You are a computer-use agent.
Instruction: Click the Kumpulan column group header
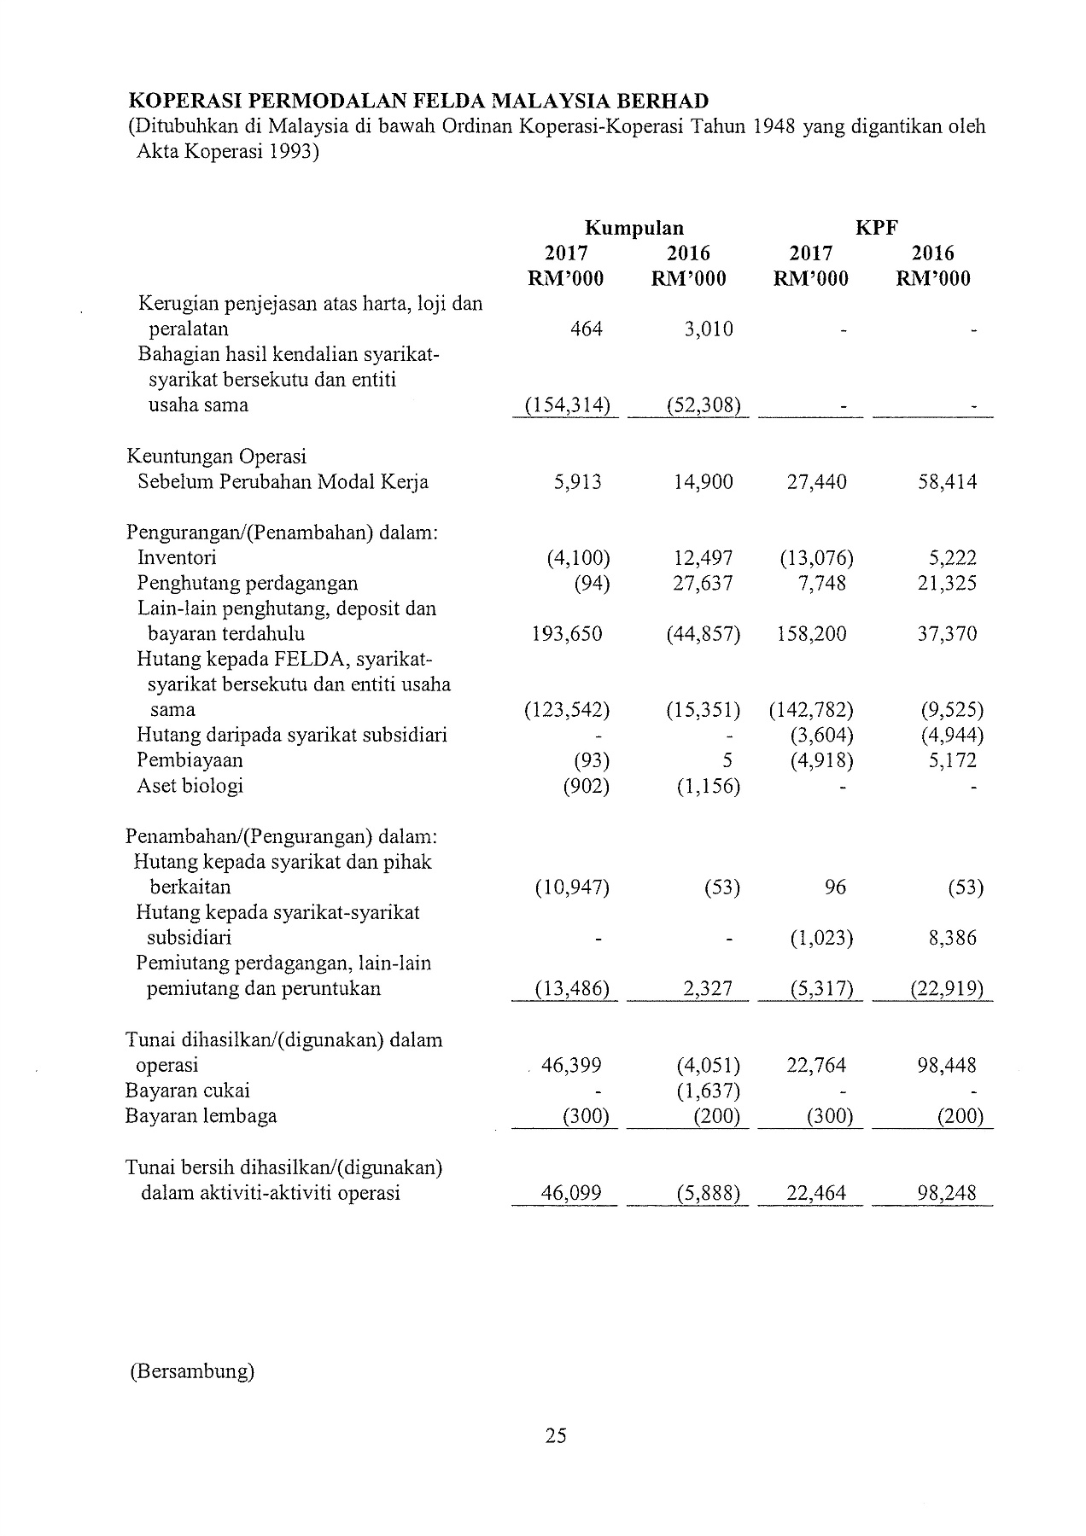coord(633,228)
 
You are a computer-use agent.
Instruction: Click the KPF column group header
coord(876,228)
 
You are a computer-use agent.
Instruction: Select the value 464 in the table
coord(586,329)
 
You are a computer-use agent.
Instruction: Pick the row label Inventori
coord(177,558)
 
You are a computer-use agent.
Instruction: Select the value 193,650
coord(566,634)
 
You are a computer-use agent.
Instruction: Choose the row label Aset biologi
coord(190,786)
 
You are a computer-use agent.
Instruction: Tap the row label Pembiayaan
coord(190,760)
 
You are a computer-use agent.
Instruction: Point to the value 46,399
coord(572,1065)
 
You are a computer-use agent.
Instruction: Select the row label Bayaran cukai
coord(188,1091)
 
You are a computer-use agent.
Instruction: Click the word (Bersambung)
coord(192,1371)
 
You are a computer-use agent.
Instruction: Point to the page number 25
coord(556,1435)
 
